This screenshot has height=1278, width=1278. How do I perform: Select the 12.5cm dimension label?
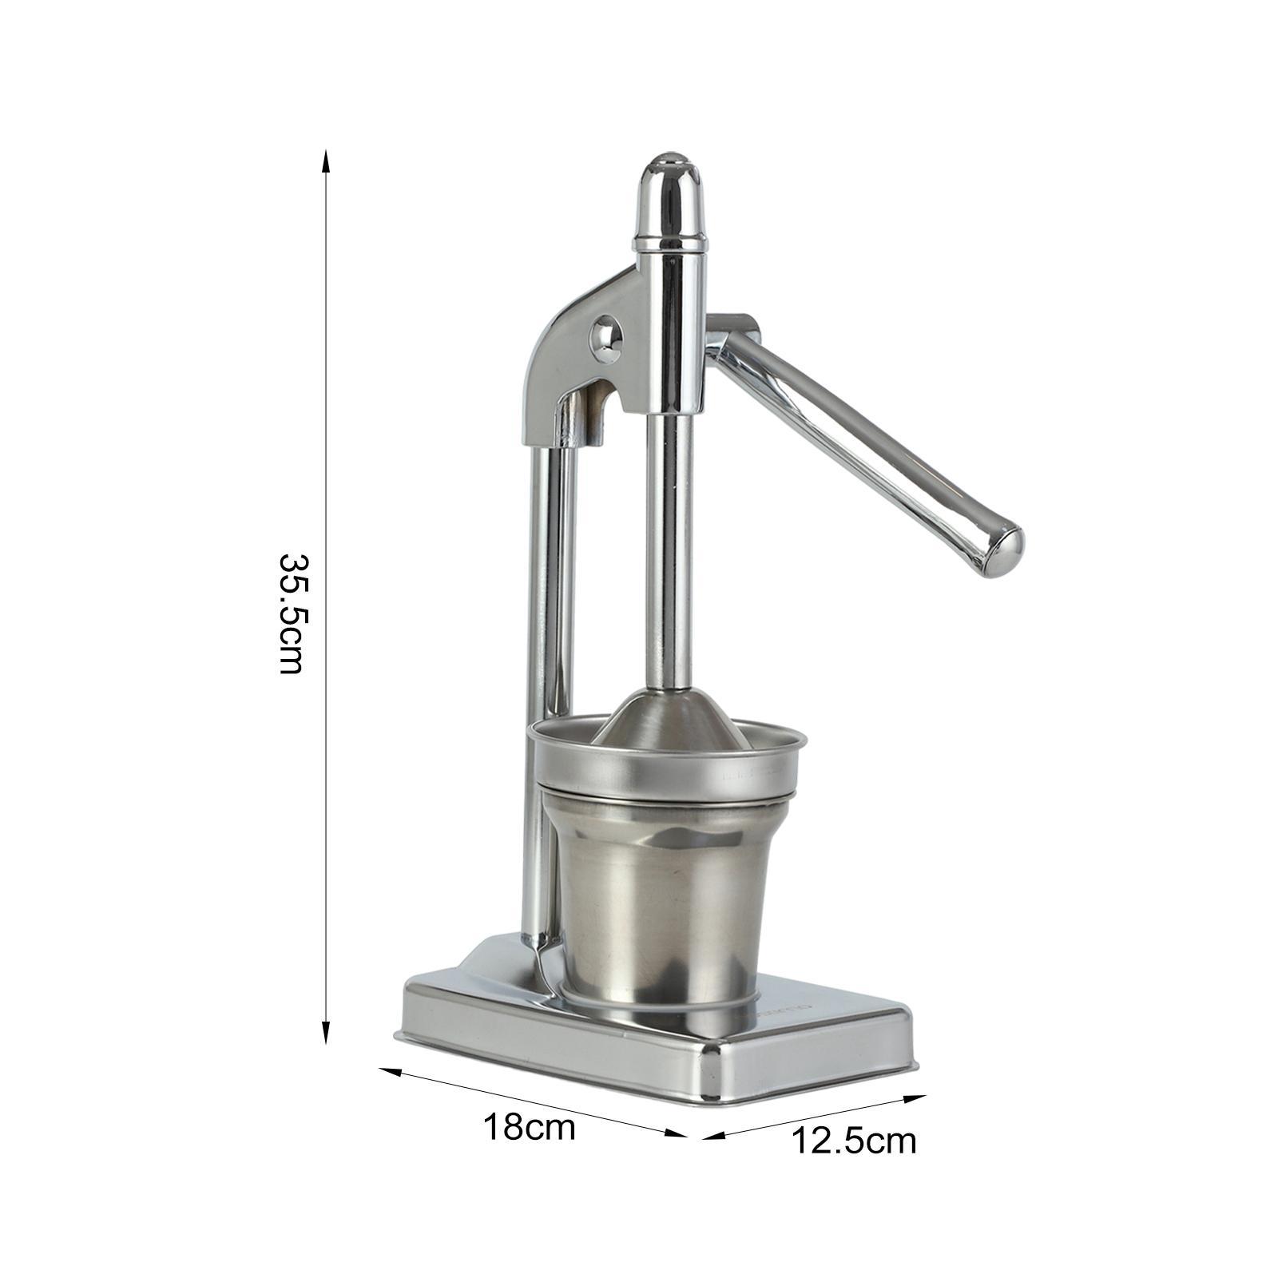click(854, 1141)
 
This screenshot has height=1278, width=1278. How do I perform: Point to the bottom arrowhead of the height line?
click(325, 1035)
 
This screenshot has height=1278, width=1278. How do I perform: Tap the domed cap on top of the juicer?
click(670, 200)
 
